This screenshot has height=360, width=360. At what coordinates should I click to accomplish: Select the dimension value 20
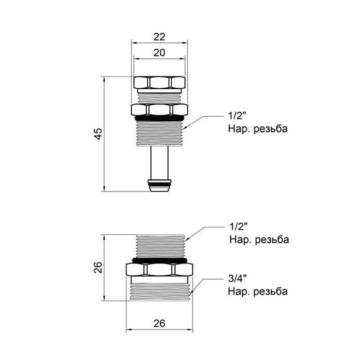pos(159,54)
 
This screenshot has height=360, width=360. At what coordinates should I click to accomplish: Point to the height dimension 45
pos(96,133)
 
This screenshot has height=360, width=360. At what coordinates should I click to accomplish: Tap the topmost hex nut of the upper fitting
pos(159,82)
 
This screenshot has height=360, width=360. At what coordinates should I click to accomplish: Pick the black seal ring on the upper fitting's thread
pos(159,118)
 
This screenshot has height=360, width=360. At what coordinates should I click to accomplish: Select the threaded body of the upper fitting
pos(159,133)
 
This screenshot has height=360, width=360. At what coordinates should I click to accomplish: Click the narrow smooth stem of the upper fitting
pos(159,164)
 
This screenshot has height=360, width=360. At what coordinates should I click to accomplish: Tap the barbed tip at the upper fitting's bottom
pos(159,186)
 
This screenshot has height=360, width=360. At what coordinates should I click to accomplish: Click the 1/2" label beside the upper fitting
pos(236,116)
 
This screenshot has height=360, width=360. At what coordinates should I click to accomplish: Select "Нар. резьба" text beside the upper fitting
pos(258,129)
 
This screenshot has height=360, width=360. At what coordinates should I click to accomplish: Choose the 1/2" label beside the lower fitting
pos(236,227)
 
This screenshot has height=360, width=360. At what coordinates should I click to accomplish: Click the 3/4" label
pos(237,279)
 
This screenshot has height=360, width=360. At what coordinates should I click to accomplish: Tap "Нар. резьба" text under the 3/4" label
pos(258,291)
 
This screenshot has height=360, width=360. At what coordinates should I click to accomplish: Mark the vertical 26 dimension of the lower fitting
pos(95,268)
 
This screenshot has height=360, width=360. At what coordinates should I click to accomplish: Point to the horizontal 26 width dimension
pos(159,323)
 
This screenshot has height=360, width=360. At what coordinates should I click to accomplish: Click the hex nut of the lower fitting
pos(159,270)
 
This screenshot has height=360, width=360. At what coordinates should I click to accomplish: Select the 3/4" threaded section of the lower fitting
pos(159,291)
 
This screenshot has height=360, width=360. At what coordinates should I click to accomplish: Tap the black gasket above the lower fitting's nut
pos(159,259)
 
